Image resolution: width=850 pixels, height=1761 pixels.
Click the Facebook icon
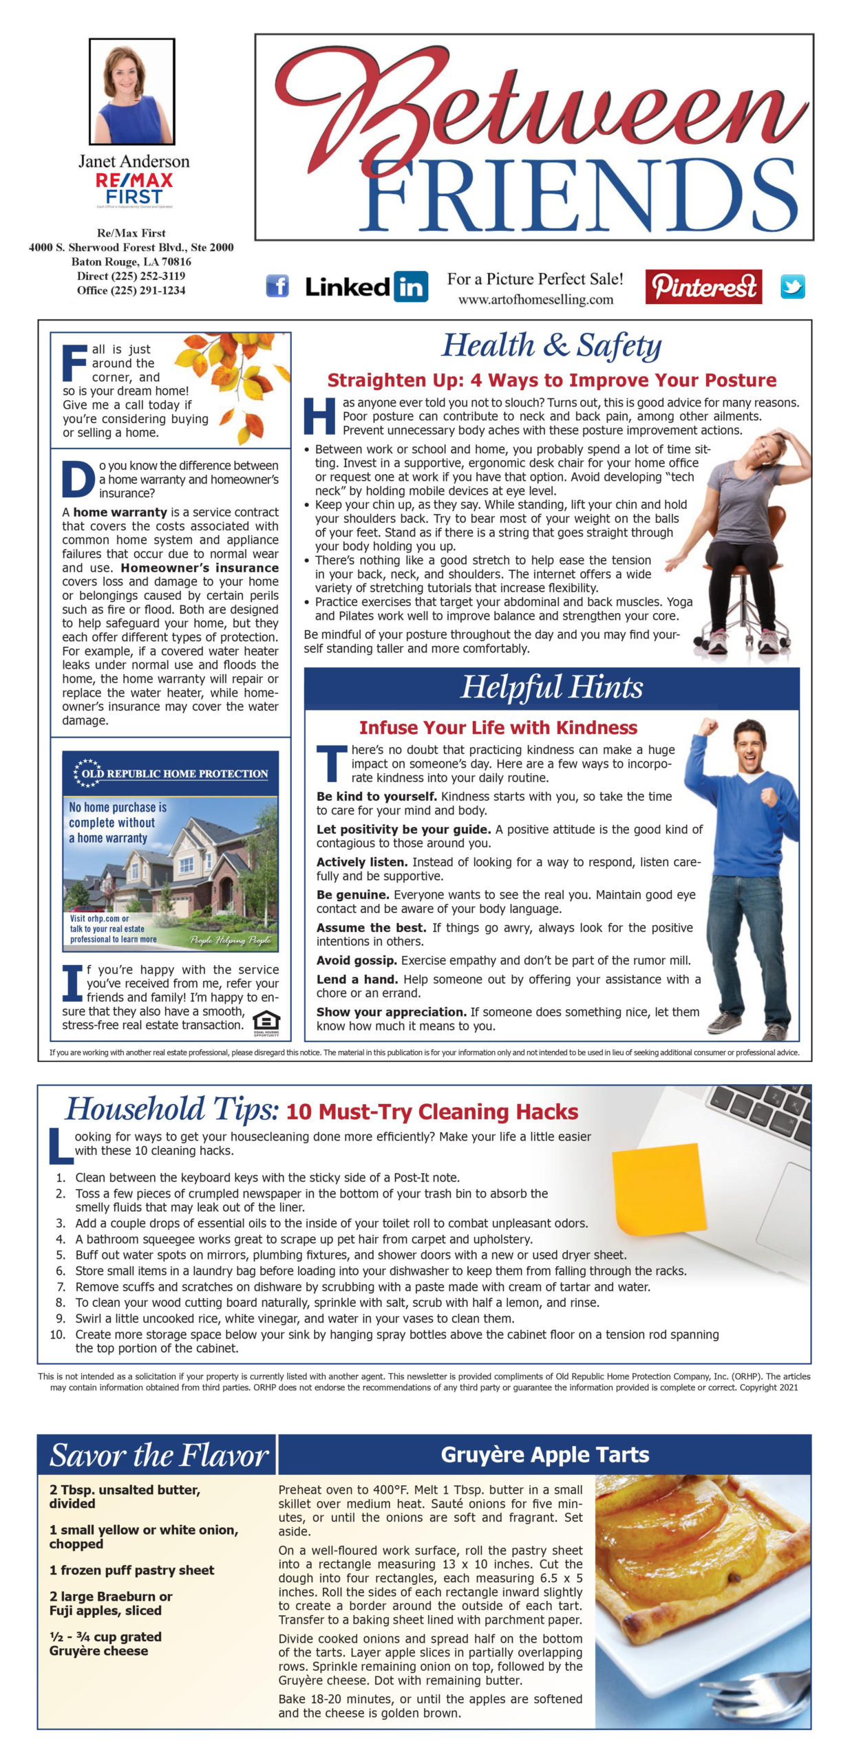(x=277, y=285)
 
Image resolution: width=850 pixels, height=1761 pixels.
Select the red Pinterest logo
(x=703, y=286)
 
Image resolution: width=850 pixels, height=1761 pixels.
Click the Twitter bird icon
(x=792, y=286)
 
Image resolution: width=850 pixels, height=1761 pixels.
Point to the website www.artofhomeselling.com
(x=535, y=300)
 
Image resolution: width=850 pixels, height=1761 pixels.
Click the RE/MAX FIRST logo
(x=134, y=188)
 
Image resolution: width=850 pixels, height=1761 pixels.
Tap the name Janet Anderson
(x=134, y=162)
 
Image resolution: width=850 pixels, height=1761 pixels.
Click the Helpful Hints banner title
(x=551, y=687)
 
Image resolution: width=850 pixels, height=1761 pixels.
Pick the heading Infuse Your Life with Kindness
(x=498, y=728)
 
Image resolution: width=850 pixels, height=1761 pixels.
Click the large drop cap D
(x=78, y=479)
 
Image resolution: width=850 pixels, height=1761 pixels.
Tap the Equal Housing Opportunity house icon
(x=266, y=1020)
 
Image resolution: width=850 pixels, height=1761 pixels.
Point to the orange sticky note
(x=659, y=1189)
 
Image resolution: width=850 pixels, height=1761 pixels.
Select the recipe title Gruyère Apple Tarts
(x=544, y=1455)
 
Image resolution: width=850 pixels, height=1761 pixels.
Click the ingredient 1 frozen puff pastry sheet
(x=131, y=1570)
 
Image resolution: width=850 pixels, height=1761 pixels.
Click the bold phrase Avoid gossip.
(x=357, y=960)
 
